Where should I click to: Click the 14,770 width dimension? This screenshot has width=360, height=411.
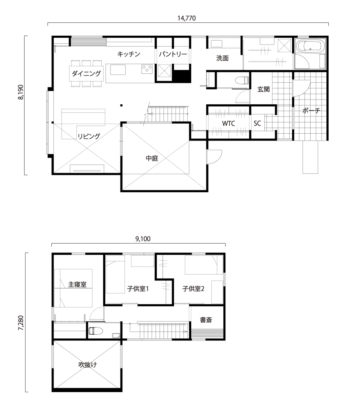[x=186, y=18]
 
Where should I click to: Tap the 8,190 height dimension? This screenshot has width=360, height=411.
[x=21, y=92]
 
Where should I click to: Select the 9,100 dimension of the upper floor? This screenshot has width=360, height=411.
[x=143, y=239]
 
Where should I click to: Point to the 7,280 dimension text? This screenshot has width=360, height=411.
[x=21, y=323]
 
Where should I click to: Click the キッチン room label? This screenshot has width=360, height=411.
[x=129, y=54]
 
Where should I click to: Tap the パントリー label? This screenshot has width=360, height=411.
[x=173, y=54]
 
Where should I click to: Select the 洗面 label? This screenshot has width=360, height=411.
[x=222, y=58]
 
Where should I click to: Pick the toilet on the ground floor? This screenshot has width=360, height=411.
[x=242, y=79]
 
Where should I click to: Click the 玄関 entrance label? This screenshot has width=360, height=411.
[x=264, y=89]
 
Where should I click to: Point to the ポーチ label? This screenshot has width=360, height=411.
[x=311, y=110]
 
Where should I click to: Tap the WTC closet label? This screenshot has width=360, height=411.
[x=229, y=123]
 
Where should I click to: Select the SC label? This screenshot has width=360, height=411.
[x=257, y=123]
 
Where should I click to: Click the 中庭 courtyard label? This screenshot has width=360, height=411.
[x=152, y=158]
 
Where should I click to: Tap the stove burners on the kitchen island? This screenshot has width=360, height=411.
[x=147, y=69]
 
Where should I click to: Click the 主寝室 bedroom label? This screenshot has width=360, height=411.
[x=77, y=285]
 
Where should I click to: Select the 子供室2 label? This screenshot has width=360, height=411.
[x=193, y=289]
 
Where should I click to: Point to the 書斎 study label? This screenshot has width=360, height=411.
[x=206, y=320]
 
